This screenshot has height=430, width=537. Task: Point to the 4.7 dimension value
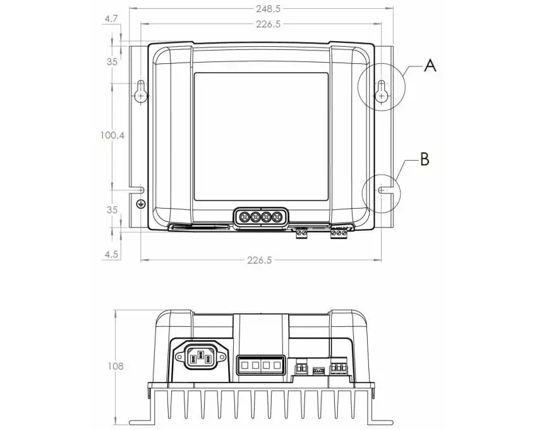(x=111, y=19)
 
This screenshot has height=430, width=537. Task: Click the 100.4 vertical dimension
(x=112, y=135)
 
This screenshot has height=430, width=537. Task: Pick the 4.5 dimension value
(x=111, y=254)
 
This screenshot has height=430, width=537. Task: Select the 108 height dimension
(x=115, y=366)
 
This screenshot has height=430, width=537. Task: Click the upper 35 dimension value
(x=112, y=62)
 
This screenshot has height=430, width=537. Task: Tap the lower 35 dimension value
(x=112, y=210)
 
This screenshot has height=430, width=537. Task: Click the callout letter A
(x=430, y=65)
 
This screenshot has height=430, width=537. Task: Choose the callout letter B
(x=425, y=159)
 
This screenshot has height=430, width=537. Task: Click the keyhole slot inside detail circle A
(x=381, y=91)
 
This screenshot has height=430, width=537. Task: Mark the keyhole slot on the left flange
(x=140, y=91)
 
